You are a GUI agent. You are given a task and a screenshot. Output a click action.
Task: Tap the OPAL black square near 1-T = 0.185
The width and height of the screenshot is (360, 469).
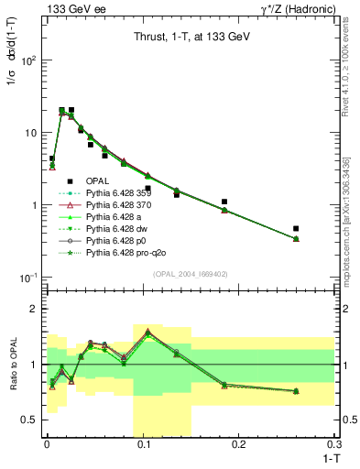point(224,202)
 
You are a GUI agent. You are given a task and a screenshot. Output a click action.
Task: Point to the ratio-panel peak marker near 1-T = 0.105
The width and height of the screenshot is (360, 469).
point(147,332)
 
